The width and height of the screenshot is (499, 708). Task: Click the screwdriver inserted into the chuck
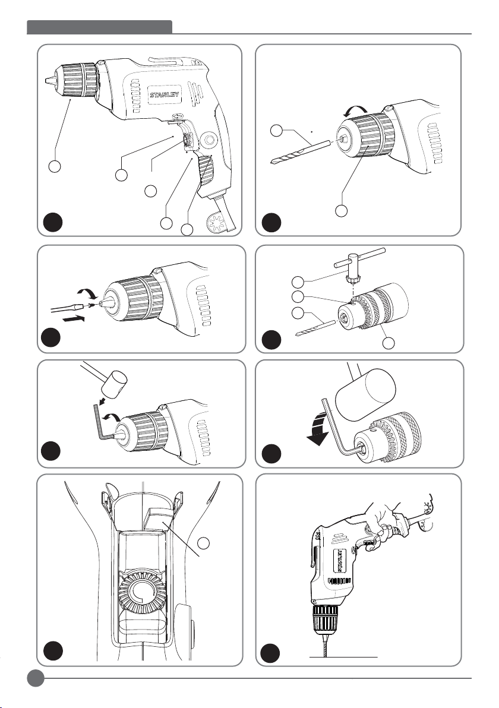click(65, 306)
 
